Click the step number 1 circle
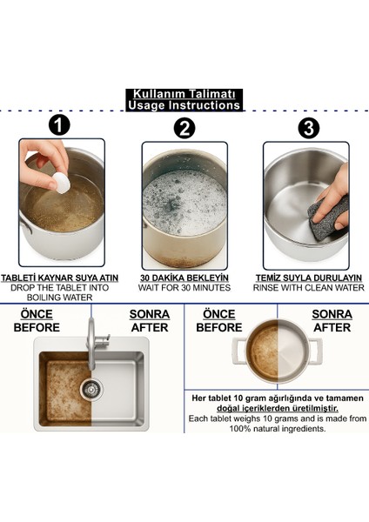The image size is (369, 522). click(59, 124)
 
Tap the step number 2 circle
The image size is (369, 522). click(184, 128)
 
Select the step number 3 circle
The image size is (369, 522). click(309, 128)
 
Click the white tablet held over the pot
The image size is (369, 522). click(62, 183)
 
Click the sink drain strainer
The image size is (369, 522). click(91, 389)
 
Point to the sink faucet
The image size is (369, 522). click(95, 343)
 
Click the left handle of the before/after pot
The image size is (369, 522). click(239, 351)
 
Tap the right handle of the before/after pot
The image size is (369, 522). click(316, 351)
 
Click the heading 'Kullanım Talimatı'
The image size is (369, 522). click(184, 94)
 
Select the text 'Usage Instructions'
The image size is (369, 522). click(184, 105)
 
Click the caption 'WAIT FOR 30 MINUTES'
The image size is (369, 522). click(184, 288)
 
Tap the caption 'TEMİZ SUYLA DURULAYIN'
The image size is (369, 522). click(309, 278)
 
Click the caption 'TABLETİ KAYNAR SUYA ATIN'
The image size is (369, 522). click(59, 278)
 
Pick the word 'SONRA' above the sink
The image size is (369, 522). click(150, 314)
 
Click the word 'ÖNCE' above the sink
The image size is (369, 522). click(37, 314)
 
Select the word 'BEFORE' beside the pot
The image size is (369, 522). click(219, 328)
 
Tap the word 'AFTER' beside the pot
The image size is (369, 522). click(332, 328)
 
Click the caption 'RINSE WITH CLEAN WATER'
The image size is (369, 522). click(309, 288)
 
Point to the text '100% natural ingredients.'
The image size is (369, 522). click(278, 428)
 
